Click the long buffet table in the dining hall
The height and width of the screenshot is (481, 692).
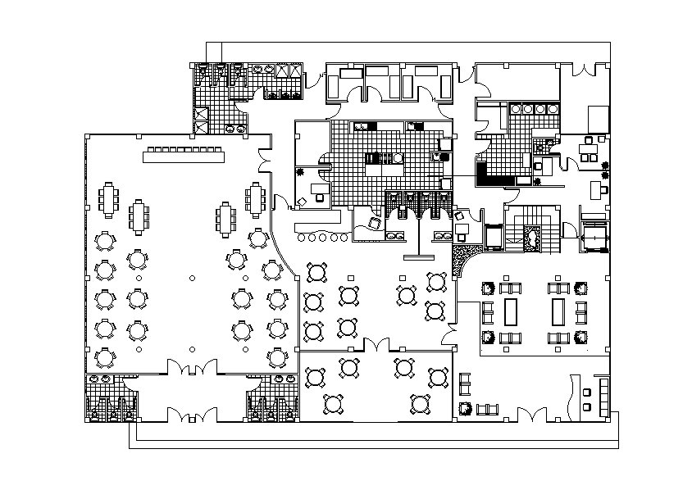184,153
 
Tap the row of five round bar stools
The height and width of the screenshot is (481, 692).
319,238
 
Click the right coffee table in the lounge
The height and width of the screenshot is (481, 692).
560,311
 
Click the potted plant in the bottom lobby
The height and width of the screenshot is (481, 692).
465,407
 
